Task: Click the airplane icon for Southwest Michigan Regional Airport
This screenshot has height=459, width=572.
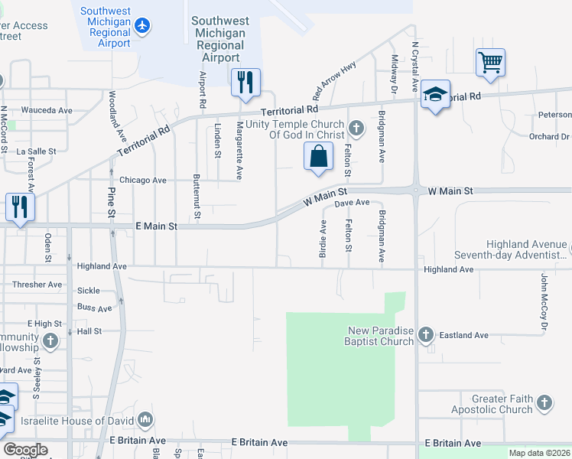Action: click(x=141, y=25)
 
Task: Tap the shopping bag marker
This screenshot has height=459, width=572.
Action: click(x=317, y=157)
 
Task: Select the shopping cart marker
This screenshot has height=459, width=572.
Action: click(x=489, y=62)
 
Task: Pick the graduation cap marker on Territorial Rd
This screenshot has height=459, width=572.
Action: click(x=435, y=94)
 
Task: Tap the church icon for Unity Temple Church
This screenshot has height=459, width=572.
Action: click(x=355, y=126)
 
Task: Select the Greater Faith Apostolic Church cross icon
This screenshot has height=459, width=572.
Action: click(x=544, y=403)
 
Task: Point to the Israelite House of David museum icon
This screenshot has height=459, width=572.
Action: click(x=145, y=420)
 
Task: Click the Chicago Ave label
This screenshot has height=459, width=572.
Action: click(x=142, y=181)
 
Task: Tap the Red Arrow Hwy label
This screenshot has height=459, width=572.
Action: click(x=334, y=77)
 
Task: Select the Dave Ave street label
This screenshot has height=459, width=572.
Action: click(x=353, y=203)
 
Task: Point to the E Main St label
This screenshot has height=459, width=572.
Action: click(x=156, y=226)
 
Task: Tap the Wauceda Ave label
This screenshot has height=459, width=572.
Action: click(x=47, y=110)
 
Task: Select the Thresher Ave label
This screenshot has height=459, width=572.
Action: click(x=37, y=285)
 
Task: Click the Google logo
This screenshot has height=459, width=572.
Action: click(x=25, y=449)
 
